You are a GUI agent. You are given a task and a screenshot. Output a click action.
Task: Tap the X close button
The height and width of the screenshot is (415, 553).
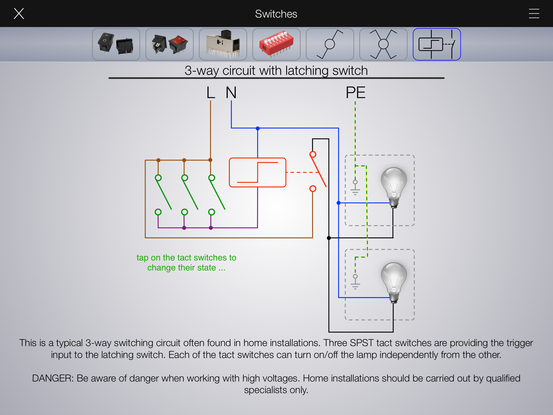click(19, 14)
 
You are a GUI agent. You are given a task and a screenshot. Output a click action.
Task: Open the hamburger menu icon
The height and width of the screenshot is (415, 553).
click(534, 14)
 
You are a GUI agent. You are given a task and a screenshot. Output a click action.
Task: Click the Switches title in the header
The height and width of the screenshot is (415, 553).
click(276, 14)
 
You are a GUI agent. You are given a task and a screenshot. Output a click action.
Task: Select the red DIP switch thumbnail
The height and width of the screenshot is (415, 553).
click(276, 44)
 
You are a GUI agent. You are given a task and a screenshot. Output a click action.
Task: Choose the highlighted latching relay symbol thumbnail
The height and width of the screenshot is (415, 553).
click(437, 44)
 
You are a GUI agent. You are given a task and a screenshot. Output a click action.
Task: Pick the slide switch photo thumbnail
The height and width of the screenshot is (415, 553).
click(223, 44)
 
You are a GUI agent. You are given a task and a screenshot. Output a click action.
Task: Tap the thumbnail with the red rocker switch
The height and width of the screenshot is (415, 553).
click(169, 44)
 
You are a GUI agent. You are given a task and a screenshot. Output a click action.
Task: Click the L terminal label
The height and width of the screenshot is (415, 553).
click(211, 93)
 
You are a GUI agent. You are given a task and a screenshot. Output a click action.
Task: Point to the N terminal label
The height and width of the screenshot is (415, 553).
click(231, 93)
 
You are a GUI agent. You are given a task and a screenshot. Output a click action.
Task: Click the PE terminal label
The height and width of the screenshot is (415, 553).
click(355, 93)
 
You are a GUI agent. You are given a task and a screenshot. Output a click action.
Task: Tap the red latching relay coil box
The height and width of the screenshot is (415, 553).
click(257, 172)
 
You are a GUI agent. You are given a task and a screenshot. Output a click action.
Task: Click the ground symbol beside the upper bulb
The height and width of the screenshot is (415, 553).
click(355, 188)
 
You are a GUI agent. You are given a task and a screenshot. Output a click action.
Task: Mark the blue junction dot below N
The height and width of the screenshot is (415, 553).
click(258, 128)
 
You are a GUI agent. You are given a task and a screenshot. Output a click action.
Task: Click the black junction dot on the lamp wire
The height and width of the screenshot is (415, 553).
click(329, 238)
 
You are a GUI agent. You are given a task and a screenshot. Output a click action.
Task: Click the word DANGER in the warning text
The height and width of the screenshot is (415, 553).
click(52, 378)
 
